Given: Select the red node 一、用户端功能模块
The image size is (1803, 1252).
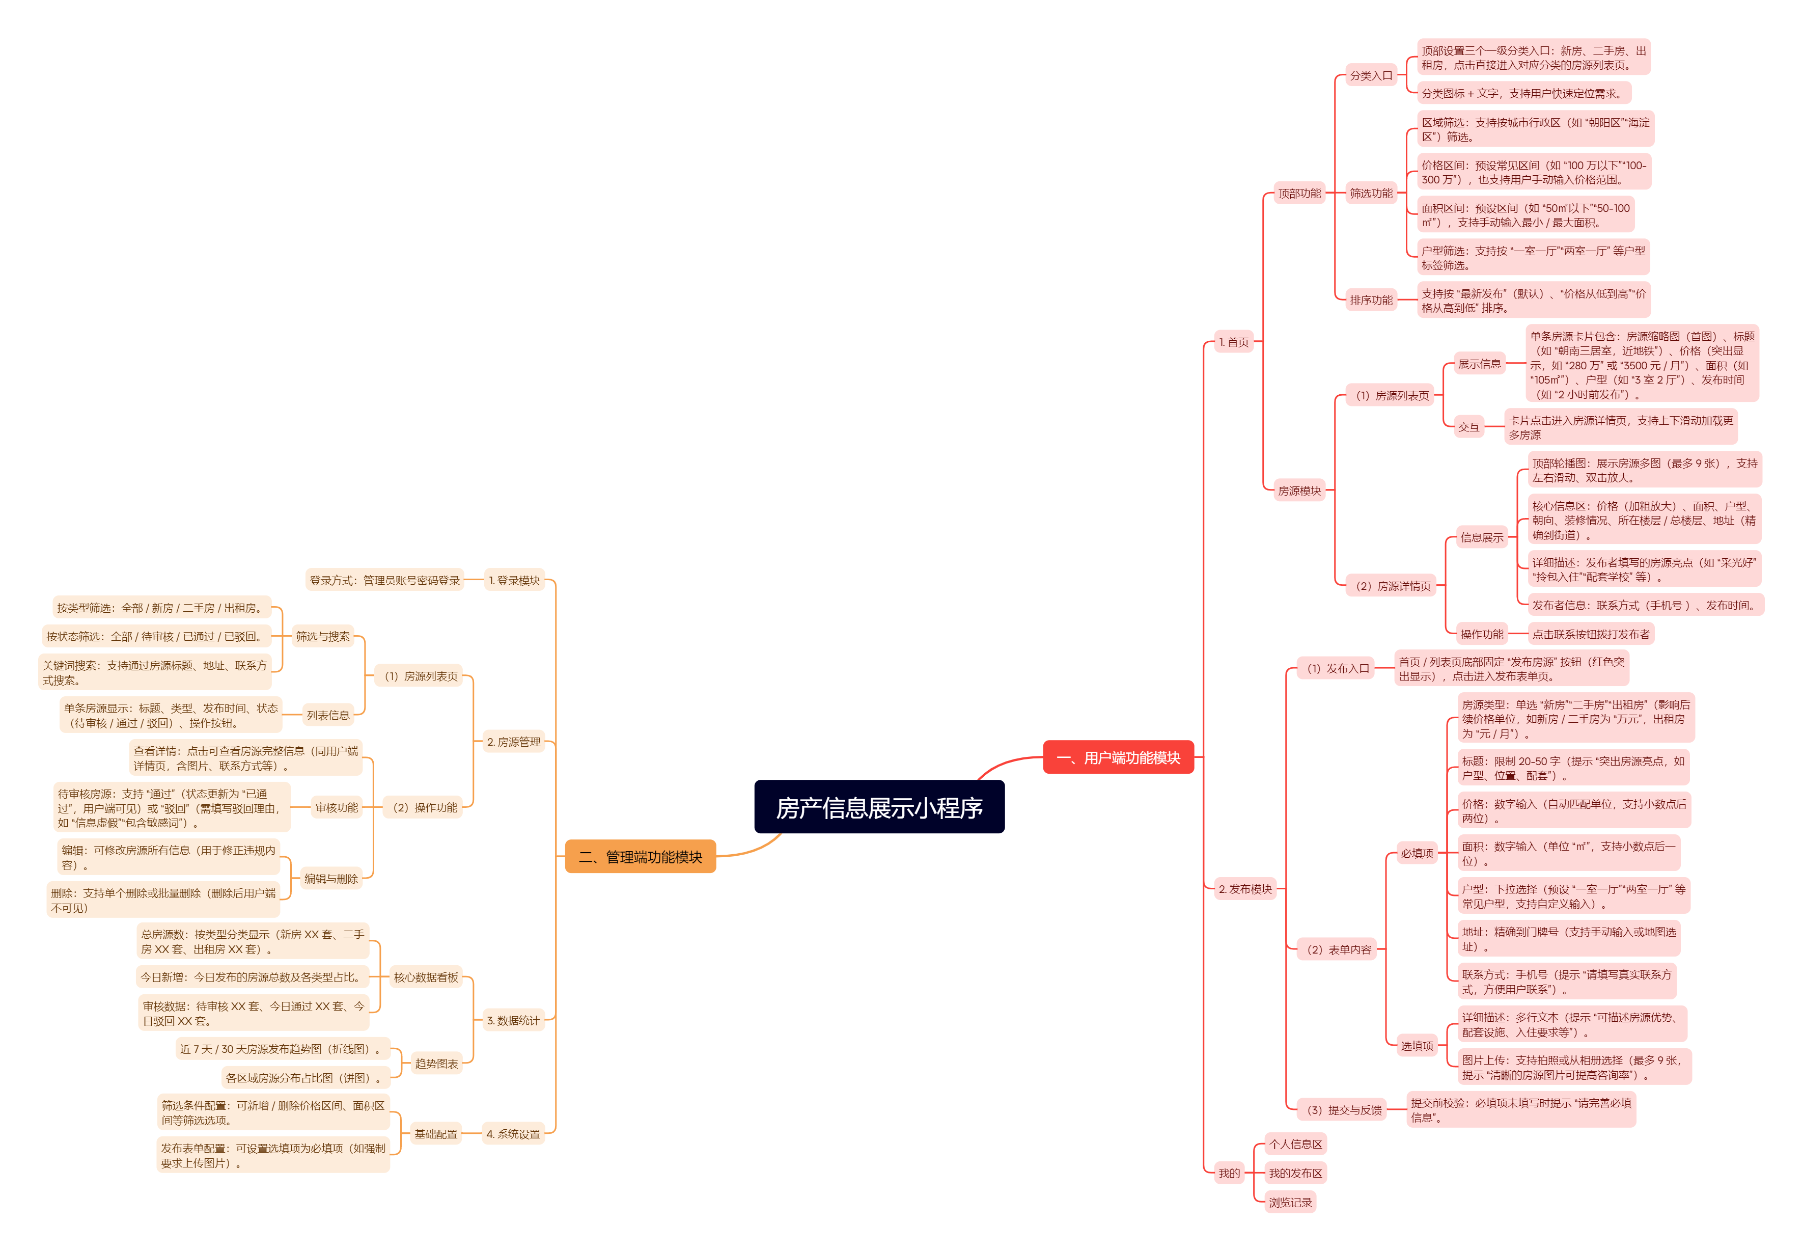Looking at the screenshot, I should pyautogui.click(x=1118, y=757).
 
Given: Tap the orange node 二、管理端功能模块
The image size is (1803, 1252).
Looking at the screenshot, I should pyautogui.click(x=640, y=857).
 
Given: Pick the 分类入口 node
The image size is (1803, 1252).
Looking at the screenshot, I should pyautogui.click(x=1370, y=75).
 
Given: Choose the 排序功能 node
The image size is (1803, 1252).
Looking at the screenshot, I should pyautogui.click(x=1370, y=300).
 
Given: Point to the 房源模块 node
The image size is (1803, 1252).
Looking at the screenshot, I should pyautogui.click(x=1299, y=491).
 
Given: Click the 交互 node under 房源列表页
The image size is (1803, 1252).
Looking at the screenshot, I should pyautogui.click(x=1468, y=427).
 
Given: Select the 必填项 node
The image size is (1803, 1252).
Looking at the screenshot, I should pyautogui.click(x=1417, y=853).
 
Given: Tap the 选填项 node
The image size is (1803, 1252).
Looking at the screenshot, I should pyautogui.click(x=1417, y=1045).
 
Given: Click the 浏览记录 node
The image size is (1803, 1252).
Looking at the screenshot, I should pyautogui.click(x=1290, y=1202).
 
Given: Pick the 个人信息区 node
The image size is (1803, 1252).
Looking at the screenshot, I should pyautogui.click(x=1295, y=1144).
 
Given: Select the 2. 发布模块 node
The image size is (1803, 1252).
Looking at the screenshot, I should pyautogui.click(x=1244, y=889).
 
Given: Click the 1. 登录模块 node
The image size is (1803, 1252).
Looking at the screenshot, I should pyautogui.click(x=514, y=581).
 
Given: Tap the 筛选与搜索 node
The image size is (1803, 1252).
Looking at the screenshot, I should pyautogui.click(x=322, y=636).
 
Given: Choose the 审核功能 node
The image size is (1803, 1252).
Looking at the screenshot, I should pyautogui.click(x=337, y=807).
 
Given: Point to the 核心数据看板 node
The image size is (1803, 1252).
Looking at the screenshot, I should pyautogui.click(x=425, y=976).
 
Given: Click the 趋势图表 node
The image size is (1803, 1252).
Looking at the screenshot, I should pyautogui.click(x=436, y=1063).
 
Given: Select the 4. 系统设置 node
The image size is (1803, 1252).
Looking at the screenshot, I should pyautogui.click(x=513, y=1133).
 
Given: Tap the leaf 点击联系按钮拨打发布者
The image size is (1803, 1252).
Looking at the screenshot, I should pyautogui.click(x=1591, y=634).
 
